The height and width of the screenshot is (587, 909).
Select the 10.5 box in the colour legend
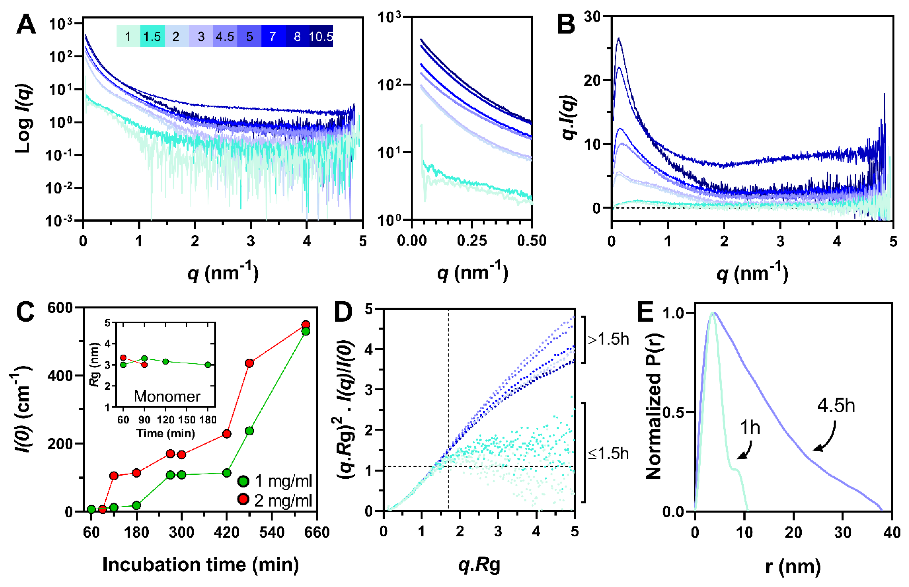click(321, 37)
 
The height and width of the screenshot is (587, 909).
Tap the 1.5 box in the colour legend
click(152, 37)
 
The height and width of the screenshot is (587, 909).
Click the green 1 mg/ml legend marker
click(243, 481)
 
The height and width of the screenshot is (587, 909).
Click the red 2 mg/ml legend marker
click(243, 499)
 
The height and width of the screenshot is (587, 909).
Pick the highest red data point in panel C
click(306, 325)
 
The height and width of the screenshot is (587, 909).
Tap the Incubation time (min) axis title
click(201, 564)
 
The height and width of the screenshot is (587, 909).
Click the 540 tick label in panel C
click(272, 532)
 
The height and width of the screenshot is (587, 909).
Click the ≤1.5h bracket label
click(608, 454)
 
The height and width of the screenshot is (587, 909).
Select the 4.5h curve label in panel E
click(836, 406)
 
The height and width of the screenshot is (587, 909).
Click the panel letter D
click(343, 312)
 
